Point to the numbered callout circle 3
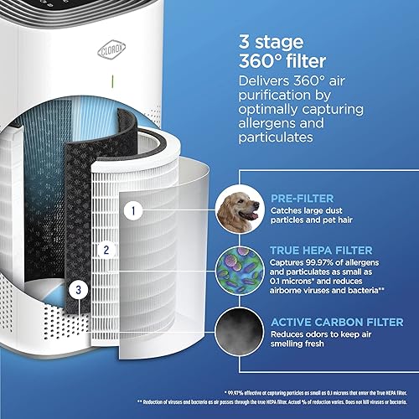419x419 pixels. [x=77, y=289]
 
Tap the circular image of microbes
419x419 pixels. [x=239, y=271]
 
